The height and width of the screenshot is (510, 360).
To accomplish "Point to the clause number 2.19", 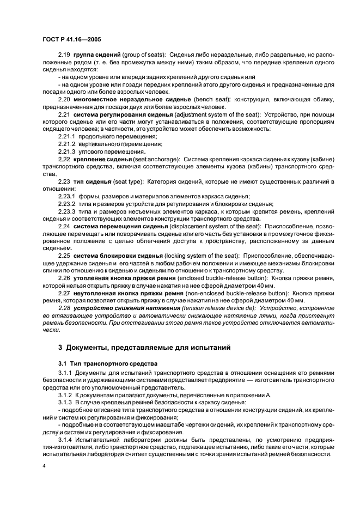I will pos(64,56).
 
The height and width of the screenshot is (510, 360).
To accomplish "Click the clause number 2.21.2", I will pos(68,143).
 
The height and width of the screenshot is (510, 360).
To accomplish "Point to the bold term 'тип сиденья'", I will pos(93,179).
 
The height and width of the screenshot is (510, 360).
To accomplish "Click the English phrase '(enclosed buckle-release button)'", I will pos(227,278).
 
